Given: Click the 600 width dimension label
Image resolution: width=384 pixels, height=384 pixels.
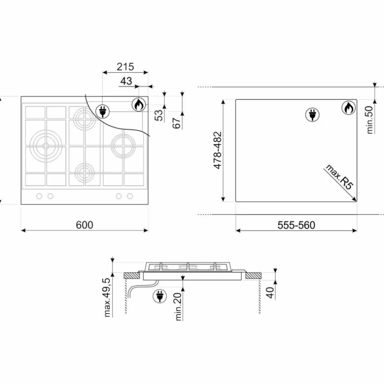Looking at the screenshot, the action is click(85, 225).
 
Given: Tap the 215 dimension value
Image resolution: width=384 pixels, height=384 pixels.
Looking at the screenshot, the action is click(125, 67).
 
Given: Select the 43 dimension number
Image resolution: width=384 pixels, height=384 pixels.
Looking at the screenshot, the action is click(126, 81).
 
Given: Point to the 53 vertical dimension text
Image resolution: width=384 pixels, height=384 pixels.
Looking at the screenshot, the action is click(159, 115).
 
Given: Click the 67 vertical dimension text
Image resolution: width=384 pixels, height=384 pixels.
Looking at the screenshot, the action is click(176, 123).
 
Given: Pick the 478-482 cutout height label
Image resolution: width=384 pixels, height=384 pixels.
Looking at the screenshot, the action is click(217, 150).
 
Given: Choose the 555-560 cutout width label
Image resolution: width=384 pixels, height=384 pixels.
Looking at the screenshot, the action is click(296, 225).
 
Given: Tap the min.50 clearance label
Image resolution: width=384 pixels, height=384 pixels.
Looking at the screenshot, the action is click(370, 120).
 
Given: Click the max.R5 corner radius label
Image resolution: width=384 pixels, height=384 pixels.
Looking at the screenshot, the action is click(339, 177).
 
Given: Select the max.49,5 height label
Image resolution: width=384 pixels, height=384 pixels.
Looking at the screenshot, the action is click(107, 297).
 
